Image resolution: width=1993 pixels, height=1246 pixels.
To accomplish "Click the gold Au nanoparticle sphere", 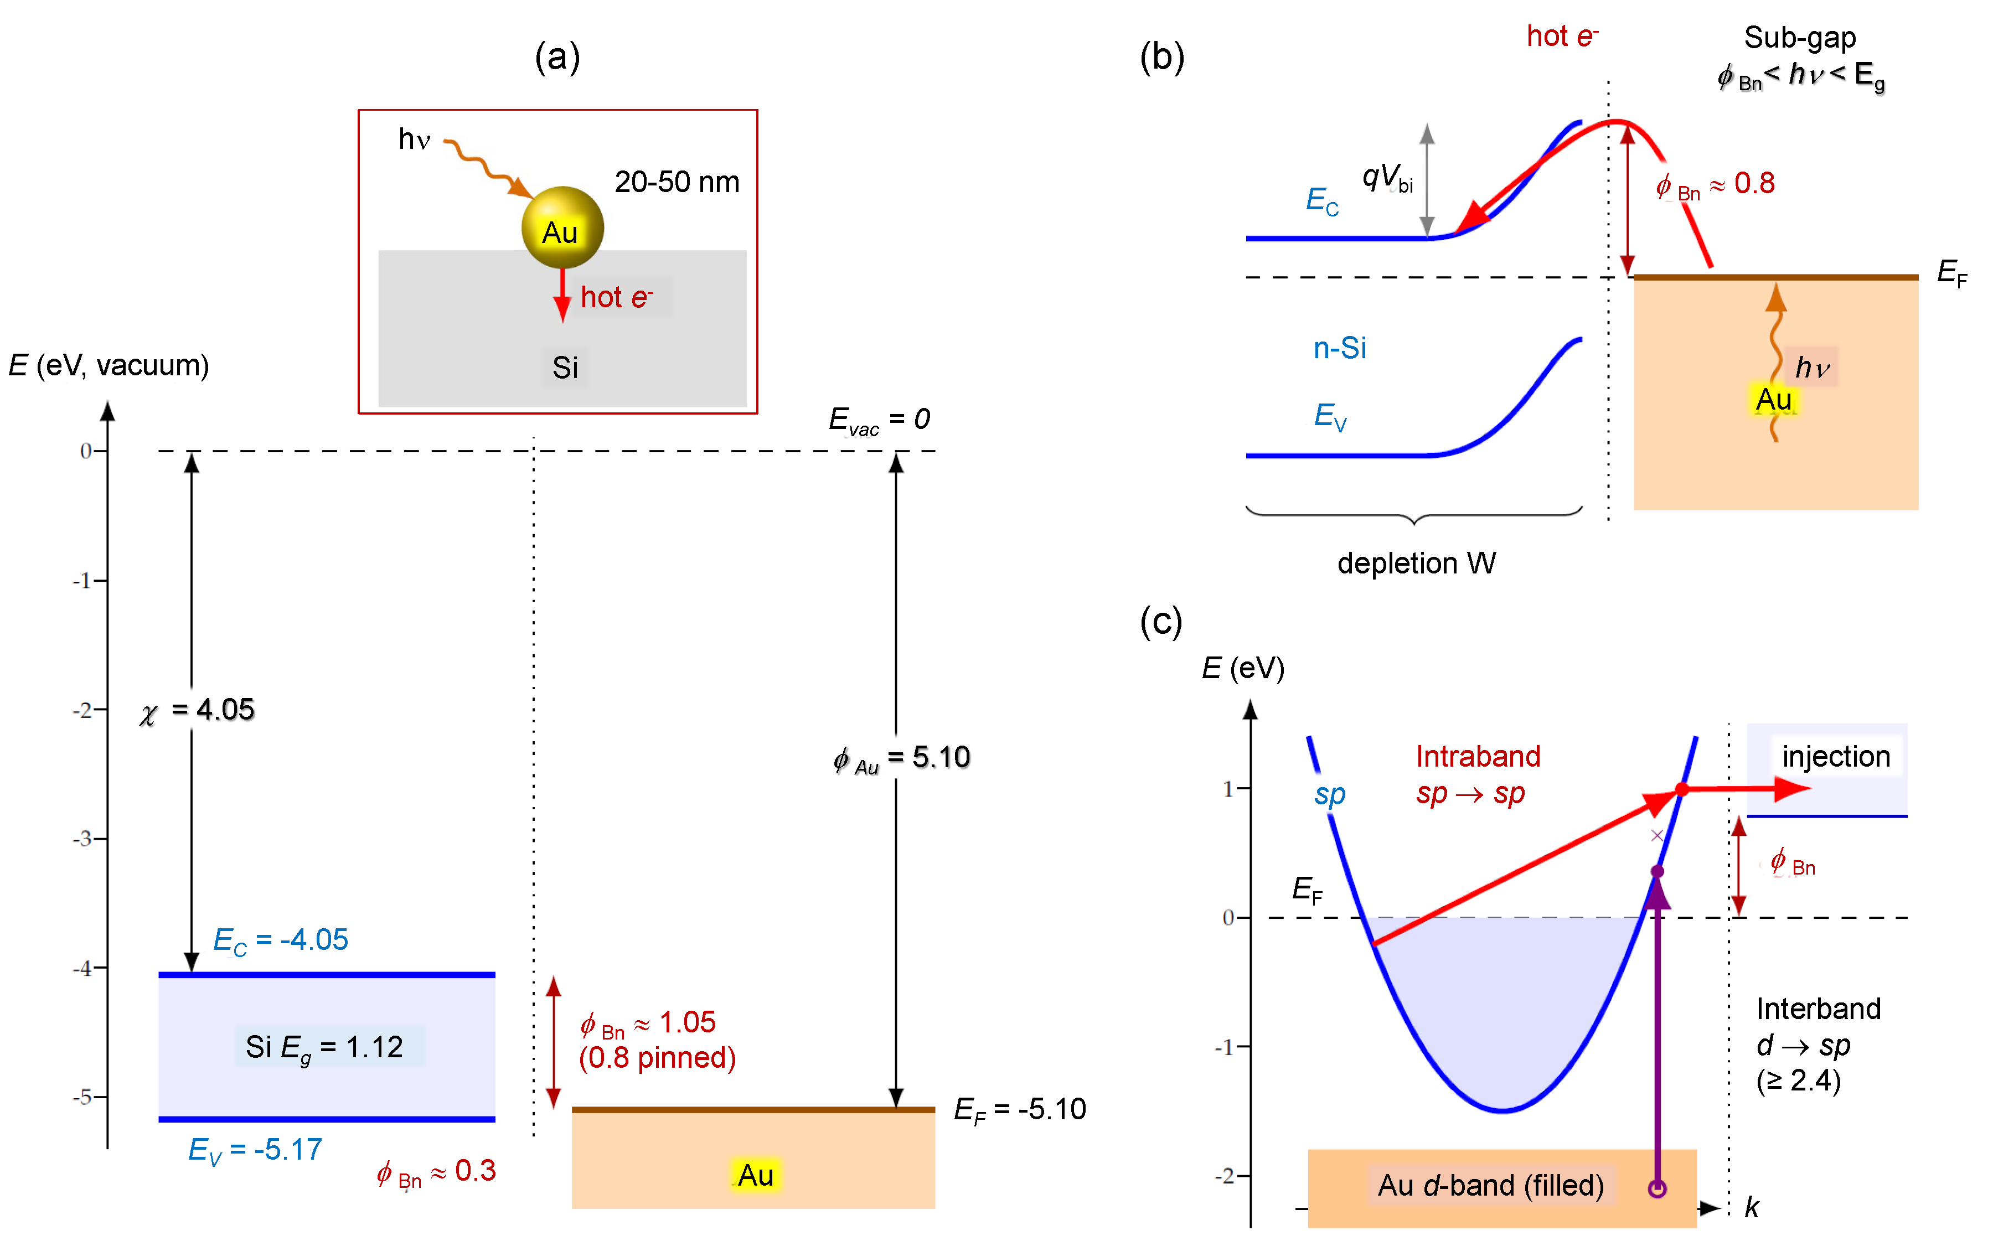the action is point(562,228).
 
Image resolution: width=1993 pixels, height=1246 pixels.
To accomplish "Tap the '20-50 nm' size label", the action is point(677,182).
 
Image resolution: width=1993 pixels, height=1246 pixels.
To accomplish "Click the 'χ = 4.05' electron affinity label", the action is point(197,710).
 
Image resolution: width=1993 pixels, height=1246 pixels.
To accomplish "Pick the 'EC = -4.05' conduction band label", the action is point(280,940).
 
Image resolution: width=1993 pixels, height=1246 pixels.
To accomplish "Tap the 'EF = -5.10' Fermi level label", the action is point(1020,1110).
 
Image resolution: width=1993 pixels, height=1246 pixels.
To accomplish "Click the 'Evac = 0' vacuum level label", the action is point(880,420).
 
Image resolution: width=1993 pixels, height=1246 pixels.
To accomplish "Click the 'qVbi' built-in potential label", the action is point(1387,178).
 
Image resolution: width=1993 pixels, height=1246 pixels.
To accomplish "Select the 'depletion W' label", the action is point(1416,563).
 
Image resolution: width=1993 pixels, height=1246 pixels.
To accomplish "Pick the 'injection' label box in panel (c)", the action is point(1836,757).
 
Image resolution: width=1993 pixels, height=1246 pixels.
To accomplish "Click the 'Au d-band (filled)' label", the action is point(1491,1186).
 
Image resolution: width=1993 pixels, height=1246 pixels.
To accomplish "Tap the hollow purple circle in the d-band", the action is point(1658,1189).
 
